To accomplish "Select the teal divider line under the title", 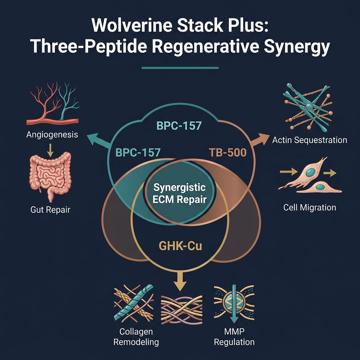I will pyautogui.click(x=180, y=67).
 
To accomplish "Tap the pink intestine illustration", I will pyautogui.click(x=49, y=174).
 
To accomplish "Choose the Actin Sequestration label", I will pyautogui.click(x=309, y=140).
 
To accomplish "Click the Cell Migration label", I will pyautogui.click(x=309, y=207).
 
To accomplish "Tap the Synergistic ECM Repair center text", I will pyautogui.click(x=179, y=193).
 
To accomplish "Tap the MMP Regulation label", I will pyautogui.click(x=234, y=337).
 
